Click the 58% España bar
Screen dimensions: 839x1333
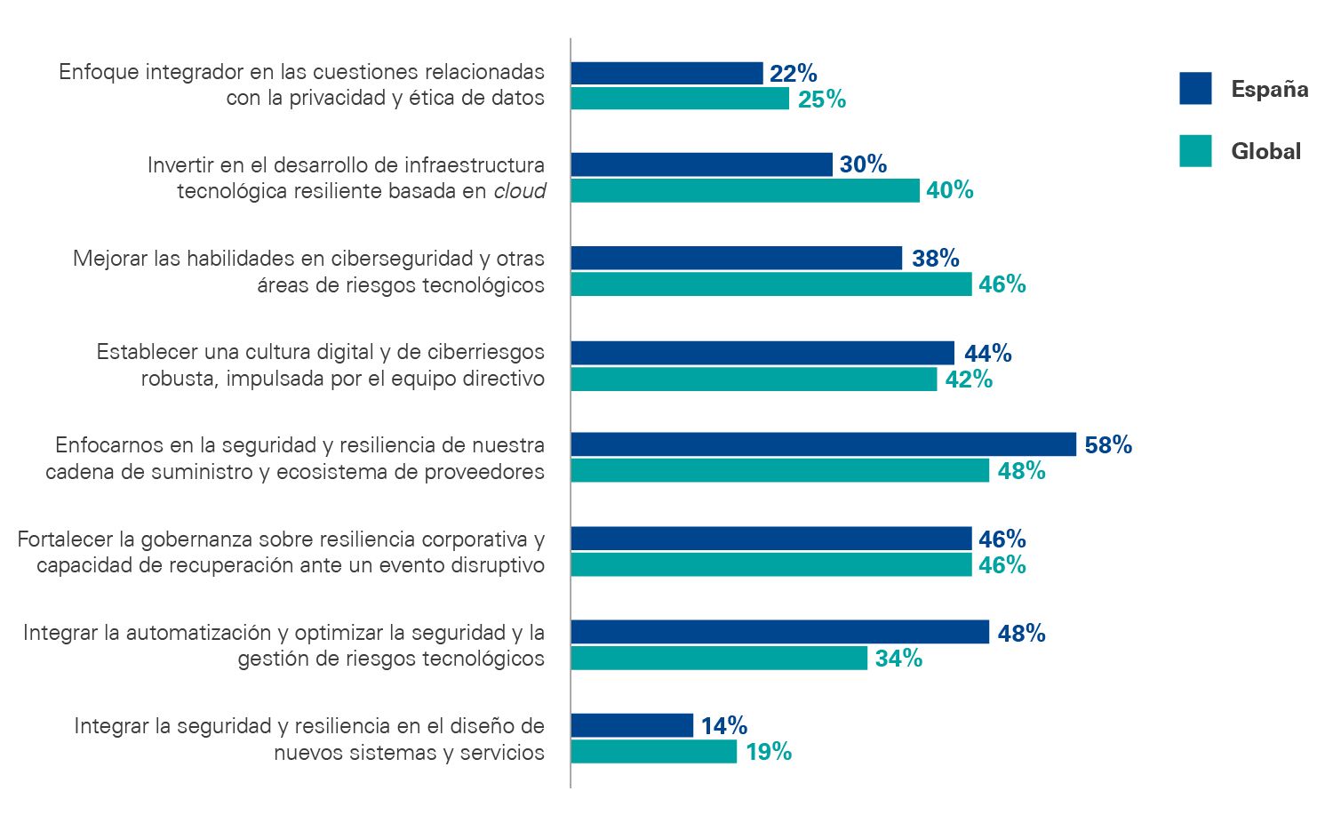click(823, 444)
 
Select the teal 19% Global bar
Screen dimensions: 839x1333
click(653, 752)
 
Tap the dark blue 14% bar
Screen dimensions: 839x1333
click(632, 725)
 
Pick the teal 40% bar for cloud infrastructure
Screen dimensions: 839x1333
click(745, 190)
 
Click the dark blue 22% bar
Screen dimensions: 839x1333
click(666, 73)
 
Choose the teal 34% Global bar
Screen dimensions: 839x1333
click(719, 658)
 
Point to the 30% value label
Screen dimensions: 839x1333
click(863, 164)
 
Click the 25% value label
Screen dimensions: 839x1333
click(821, 100)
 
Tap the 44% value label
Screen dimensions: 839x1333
click(987, 354)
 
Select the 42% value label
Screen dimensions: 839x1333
click(969, 380)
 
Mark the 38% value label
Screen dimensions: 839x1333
click(935, 259)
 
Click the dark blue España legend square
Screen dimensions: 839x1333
click(1195, 89)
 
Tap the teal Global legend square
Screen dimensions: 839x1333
click(1195, 151)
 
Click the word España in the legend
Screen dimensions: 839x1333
click(1269, 89)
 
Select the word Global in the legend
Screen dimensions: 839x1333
click(1265, 151)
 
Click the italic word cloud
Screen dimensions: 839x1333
click(520, 191)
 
